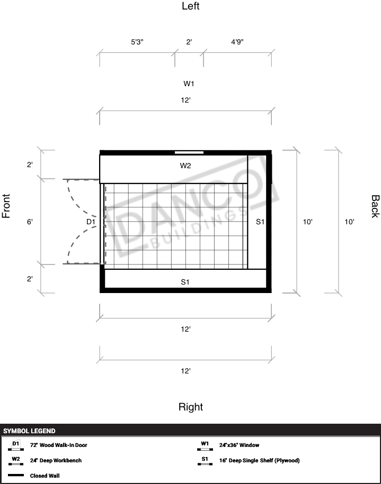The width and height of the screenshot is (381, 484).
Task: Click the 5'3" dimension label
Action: click(x=137, y=42)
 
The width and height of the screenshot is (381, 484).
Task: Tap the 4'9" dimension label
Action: click(x=237, y=42)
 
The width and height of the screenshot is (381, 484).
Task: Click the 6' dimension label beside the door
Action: click(x=30, y=222)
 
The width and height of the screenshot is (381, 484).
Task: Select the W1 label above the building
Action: click(x=189, y=84)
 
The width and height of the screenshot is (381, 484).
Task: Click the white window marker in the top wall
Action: click(x=189, y=152)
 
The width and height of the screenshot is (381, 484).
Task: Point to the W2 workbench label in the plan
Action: click(x=185, y=166)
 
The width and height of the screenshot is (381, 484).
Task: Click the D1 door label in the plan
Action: click(x=91, y=222)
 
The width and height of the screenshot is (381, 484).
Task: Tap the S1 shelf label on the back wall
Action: click(x=260, y=222)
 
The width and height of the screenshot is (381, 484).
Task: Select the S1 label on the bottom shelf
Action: click(x=185, y=282)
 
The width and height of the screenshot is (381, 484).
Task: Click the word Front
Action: click(x=6, y=206)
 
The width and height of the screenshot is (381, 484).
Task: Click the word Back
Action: click(x=375, y=206)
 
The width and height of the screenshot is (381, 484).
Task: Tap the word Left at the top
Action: click(x=191, y=6)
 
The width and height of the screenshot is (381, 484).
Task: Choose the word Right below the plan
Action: click(x=191, y=407)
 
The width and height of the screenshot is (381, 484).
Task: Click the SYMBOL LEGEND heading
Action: click(x=29, y=431)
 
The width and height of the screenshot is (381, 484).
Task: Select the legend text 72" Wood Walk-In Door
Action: click(x=58, y=445)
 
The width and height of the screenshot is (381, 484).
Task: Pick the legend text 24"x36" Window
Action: click(x=239, y=445)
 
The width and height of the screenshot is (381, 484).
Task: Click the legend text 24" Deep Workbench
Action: click(x=56, y=461)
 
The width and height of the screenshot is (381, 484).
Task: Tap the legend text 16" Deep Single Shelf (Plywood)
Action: click(x=260, y=461)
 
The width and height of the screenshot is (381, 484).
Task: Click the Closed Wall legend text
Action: click(x=45, y=476)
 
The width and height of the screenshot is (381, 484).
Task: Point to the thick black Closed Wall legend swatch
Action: click(x=16, y=476)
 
